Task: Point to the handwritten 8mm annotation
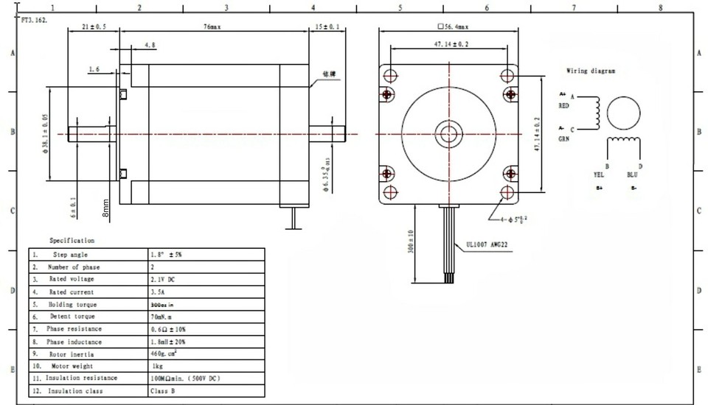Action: [106, 210]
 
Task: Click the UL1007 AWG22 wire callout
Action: [489, 248]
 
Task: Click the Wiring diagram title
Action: [591, 71]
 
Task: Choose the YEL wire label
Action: [599, 175]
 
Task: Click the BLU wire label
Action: [632, 175]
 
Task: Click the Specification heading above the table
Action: [72, 240]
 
